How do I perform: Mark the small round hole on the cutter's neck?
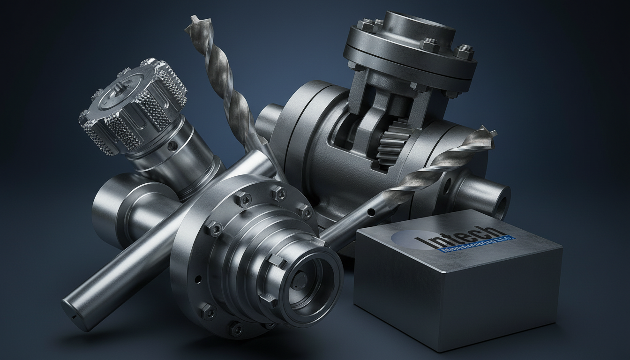(174, 147)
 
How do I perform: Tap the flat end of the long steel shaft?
(75, 312)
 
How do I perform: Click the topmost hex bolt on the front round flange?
(279, 193)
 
